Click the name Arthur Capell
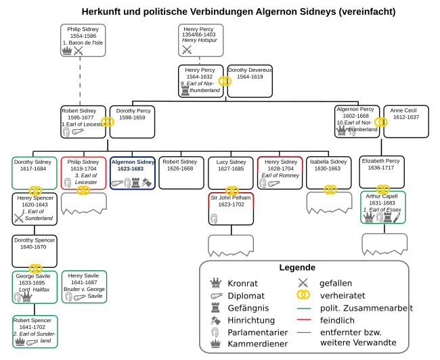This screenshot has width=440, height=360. [x=382, y=196]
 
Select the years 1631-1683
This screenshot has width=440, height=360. [x=382, y=203]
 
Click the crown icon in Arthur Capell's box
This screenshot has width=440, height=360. [x=369, y=218]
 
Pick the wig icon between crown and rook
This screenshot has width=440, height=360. [x=379, y=218]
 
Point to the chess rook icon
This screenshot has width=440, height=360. [x=388, y=218]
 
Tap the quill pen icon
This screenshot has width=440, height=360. [x=397, y=218]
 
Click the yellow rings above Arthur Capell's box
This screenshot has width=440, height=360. [x=382, y=189]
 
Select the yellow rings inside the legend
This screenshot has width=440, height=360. [x=303, y=295]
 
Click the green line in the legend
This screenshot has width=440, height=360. [x=303, y=308]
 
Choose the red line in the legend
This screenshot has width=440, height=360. [x=303, y=319]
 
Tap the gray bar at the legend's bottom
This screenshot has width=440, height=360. [x=303, y=332]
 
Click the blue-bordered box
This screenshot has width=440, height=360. [x=132, y=173]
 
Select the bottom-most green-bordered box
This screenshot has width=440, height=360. [x=35, y=332]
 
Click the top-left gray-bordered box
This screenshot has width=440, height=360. [x=84, y=41]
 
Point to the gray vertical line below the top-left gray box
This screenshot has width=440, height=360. [x=79, y=81]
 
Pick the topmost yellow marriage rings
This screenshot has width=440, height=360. [x=225, y=81]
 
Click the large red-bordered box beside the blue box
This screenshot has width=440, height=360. [x=83, y=173]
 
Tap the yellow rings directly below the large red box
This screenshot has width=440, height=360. [x=83, y=191]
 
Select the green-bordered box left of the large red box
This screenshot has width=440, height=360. [x=35, y=173]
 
